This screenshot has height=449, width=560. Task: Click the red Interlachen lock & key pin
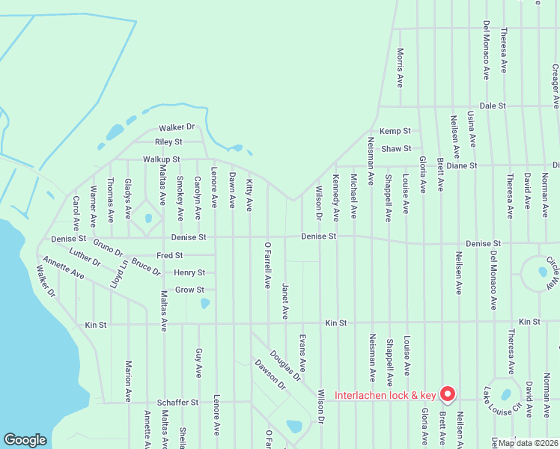click(448, 392)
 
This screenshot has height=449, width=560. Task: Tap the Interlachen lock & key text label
click(385, 395)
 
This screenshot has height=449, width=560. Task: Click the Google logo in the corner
click(25, 440)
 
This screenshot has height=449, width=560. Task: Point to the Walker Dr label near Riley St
click(176, 128)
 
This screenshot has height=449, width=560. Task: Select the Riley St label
click(168, 141)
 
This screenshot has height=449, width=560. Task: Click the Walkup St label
click(161, 159)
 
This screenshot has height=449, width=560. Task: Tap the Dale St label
click(494, 106)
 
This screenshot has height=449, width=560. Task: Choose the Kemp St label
click(395, 131)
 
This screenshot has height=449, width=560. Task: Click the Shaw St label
click(396, 149)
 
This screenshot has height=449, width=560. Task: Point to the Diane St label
click(462, 165)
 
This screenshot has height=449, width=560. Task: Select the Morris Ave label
click(401, 67)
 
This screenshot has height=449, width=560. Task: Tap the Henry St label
click(189, 273)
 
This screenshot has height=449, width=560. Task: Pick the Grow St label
click(189, 290)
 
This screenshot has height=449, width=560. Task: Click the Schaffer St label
click(177, 402)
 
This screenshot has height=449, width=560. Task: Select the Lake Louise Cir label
click(502, 405)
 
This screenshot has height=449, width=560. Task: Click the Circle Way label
click(553, 274)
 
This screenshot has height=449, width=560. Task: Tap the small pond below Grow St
click(205, 304)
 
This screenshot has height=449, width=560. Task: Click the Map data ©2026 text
click(527, 443)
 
